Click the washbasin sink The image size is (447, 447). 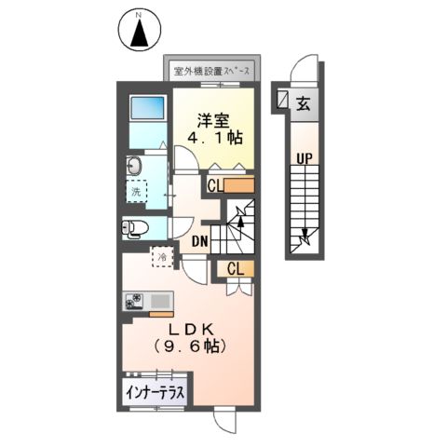point(134,168)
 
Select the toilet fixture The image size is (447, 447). point(134,228)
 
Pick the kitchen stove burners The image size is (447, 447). point(134,302)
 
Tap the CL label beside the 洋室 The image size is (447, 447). point(215,185)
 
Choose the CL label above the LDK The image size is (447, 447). point(235,269)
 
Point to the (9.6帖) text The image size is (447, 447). point(193,345)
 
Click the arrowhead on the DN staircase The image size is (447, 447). point(241,221)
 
